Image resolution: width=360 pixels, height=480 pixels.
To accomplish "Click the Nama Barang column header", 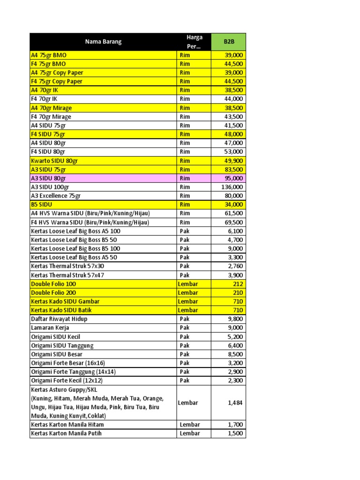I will [103, 42].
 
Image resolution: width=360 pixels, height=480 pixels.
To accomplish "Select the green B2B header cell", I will [228, 42].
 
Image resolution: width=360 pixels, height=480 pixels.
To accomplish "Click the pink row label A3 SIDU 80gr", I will [48, 178].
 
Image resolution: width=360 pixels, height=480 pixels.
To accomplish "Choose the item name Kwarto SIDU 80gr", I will [54, 161].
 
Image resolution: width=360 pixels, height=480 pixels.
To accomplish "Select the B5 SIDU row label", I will [41, 204].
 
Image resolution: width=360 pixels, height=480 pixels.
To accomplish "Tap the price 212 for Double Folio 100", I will [238, 284].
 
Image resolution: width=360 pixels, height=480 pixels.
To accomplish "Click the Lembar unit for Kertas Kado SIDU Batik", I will [188, 310].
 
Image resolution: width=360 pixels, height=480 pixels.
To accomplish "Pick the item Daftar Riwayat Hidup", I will [59, 319].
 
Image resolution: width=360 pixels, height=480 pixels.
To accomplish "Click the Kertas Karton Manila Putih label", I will [66, 433].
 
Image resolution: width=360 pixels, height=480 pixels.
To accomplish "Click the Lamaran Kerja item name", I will [50, 328].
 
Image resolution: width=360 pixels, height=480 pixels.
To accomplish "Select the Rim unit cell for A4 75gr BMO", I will [185, 55].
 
